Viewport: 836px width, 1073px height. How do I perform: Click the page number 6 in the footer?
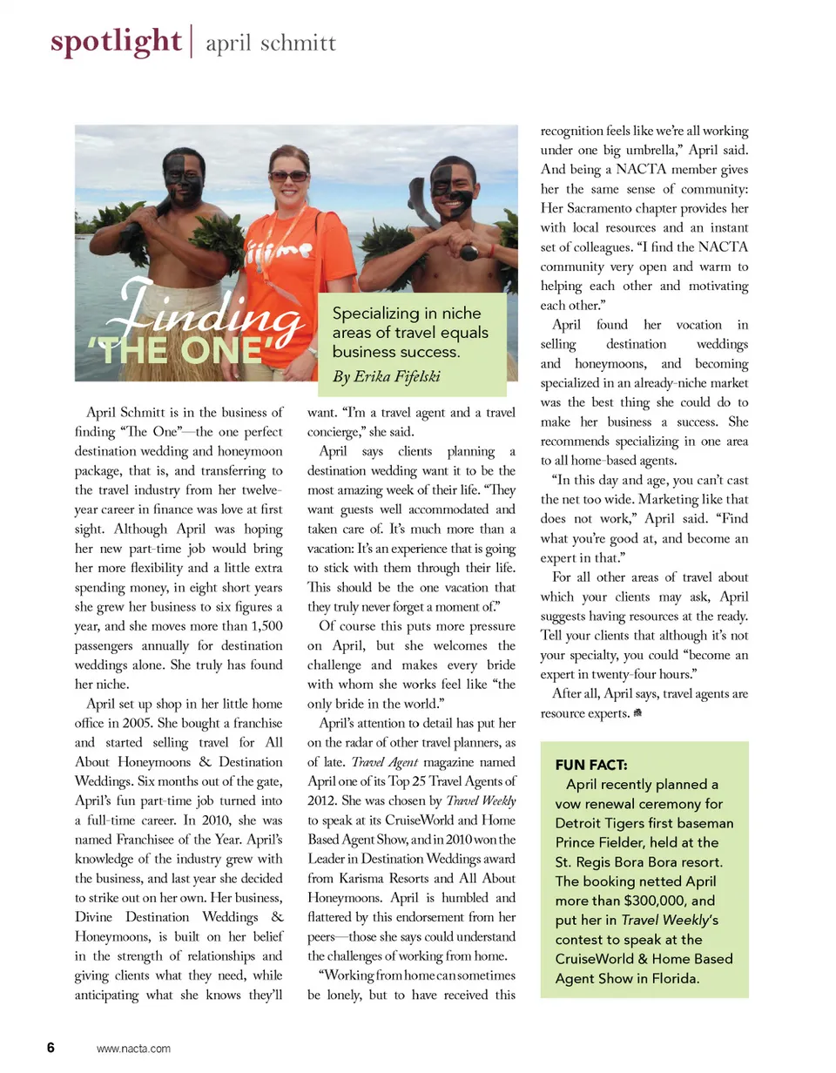click(x=51, y=1048)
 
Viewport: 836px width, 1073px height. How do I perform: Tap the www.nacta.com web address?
click(x=133, y=1049)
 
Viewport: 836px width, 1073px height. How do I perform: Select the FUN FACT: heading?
click(x=591, y=766)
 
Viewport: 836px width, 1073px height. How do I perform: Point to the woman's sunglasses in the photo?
click(x=288, y=176)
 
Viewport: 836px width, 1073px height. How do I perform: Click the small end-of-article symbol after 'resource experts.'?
click(x=637, y=713)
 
